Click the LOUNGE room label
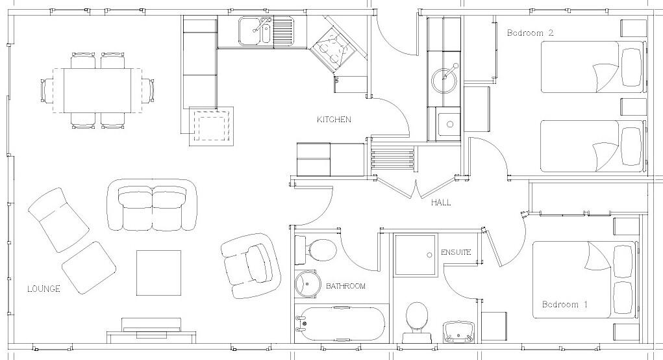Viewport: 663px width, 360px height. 44,289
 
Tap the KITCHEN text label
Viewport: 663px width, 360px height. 334,120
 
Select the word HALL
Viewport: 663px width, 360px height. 440,203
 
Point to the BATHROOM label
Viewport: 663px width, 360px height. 345,286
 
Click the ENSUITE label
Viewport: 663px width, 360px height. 455,252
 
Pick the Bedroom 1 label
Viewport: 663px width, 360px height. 565,304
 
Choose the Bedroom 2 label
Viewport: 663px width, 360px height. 530,32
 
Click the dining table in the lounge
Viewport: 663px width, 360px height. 102,90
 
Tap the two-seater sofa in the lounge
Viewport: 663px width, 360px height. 153,205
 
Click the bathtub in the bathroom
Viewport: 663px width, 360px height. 339,323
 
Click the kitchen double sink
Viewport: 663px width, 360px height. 256,31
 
